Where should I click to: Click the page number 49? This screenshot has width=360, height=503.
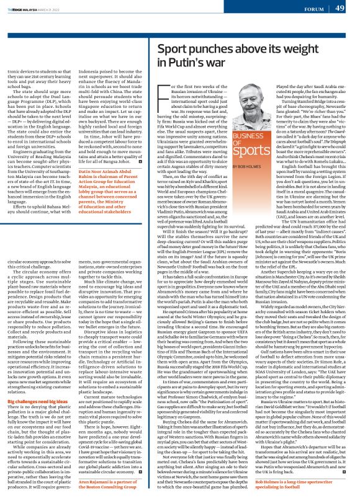click(340, 8)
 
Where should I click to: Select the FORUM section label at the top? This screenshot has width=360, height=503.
click(313, 9)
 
